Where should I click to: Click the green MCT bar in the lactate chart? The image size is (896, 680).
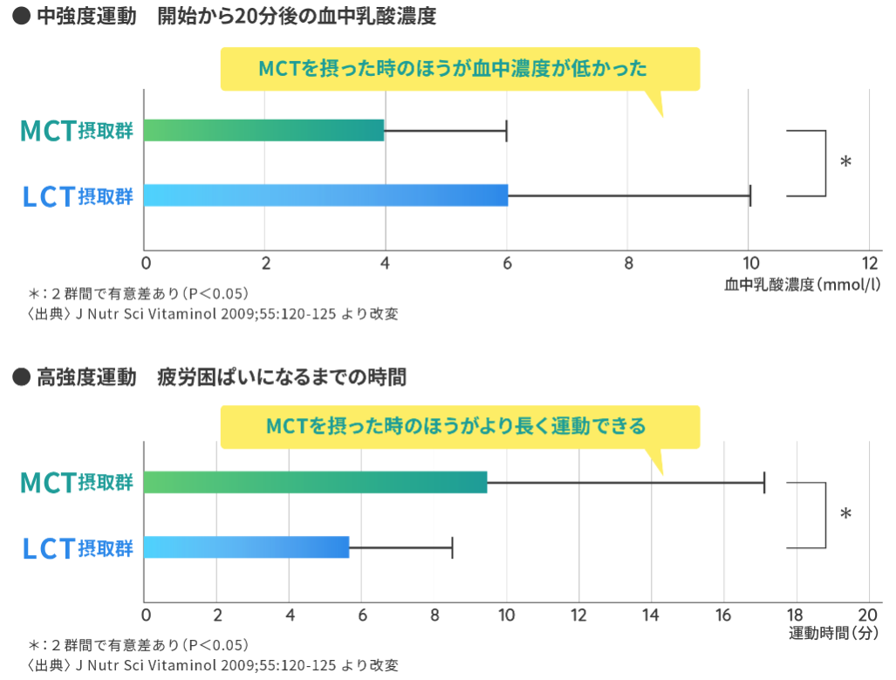click(263, 130)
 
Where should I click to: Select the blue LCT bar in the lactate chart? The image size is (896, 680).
click(325, 196)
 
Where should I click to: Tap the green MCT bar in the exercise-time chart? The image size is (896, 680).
click(315, 482)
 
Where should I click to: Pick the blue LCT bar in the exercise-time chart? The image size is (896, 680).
click(246, 547)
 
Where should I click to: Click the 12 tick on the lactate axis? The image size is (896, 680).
click(869, 264)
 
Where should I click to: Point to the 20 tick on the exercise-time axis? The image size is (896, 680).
click(867, 615)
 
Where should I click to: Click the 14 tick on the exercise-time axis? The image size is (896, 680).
click(650, 615)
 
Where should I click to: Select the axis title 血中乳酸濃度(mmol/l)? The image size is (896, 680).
click(801, 285)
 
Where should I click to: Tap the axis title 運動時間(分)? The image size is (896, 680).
click(833, 633)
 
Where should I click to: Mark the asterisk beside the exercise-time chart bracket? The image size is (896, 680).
click(845, 514)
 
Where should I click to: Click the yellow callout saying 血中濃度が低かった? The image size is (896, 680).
click(460, 69)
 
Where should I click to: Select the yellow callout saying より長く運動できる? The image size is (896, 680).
click(460, 426)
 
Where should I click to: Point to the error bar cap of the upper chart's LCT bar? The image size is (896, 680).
click(749, 196)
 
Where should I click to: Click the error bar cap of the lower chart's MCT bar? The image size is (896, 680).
click(764, 482)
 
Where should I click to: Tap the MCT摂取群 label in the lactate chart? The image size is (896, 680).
click(77, 131)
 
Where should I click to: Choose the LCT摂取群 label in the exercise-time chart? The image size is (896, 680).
click(77, 548)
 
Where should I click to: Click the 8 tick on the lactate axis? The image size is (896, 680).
click(628, 264)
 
